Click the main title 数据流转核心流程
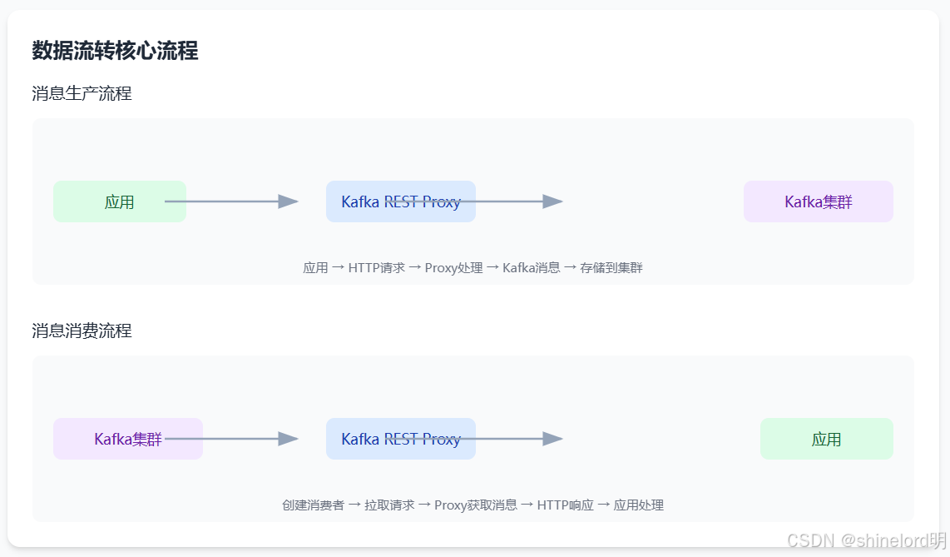115,51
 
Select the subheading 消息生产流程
82,93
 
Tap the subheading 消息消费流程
82,331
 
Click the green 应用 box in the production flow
119,201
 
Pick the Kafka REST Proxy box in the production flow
400,201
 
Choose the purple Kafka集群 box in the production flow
818,201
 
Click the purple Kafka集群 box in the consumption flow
127,439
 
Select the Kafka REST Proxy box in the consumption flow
400,439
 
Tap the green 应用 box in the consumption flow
826,439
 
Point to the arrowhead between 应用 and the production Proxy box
288,201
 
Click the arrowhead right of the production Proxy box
553,201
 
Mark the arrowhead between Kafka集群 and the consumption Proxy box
288,439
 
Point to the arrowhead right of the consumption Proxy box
553,439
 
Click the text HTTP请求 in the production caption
376,268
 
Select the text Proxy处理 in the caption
453,268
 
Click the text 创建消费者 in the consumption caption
313,505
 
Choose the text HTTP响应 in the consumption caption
565,505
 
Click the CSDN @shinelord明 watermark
866,540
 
